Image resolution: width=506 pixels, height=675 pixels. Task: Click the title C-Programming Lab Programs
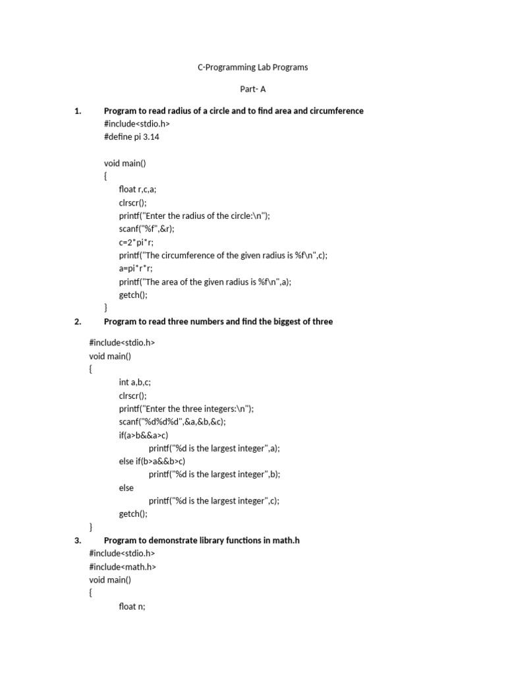[253, 67]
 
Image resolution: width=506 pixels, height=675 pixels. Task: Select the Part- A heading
[253, 89]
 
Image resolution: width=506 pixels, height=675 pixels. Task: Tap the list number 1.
[77, 111]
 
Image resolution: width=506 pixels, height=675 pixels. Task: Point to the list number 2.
[77, 322]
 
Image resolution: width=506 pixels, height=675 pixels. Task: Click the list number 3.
[77, 541]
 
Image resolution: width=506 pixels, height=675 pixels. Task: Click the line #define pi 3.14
[132, 137]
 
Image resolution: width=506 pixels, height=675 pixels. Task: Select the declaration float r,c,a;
[138, 189]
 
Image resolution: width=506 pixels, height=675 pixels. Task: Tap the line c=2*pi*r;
[136, 242]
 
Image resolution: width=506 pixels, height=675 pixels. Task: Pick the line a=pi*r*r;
[136, 268]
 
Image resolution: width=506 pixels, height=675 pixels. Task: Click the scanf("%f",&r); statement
[146, 229]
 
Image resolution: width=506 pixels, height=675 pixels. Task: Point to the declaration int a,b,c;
[135, 382]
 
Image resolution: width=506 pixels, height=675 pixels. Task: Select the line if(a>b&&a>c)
[144, 435]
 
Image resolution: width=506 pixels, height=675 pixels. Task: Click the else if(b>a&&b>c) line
[152, 461]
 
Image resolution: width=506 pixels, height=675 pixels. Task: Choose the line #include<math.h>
[123, 567]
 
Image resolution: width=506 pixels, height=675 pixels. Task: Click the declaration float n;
[132, 606]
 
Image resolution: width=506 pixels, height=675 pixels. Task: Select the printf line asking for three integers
[186, 409]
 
